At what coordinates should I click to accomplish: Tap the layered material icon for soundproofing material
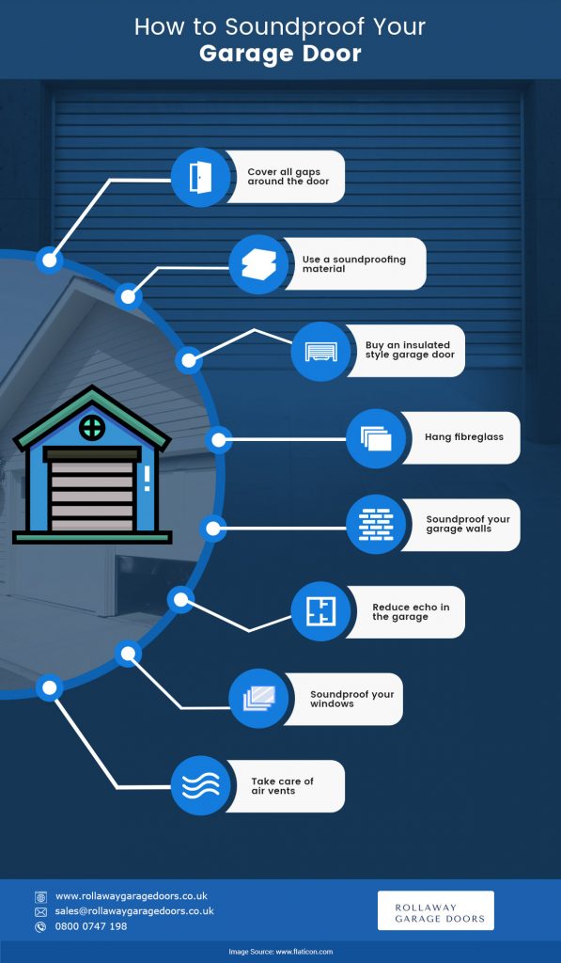[259, 264]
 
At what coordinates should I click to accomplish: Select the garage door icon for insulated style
[321, 352]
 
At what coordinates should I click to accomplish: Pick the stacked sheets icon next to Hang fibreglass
[376, 438]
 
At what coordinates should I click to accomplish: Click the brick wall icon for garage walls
[376, 525]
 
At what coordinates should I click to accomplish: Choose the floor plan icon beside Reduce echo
[321, 611]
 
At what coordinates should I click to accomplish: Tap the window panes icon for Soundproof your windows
[259, 699]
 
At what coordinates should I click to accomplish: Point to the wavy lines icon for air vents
[201, 785]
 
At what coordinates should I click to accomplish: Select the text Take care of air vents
[282, 786]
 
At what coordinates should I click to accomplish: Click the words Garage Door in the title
[280, 54]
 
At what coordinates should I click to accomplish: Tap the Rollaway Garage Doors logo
[436, 910]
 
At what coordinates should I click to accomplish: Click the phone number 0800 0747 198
[91, 926]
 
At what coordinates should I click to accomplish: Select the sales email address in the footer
[134, 911]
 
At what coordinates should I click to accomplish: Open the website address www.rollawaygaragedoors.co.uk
[132, 896]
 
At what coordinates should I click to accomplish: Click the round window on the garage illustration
[92, 428]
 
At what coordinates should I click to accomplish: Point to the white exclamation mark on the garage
[147, 479]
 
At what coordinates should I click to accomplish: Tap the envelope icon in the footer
[40, 912]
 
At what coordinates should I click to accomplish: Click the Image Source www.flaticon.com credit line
[280, 952]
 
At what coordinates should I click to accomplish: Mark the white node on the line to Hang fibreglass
[219, 440]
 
